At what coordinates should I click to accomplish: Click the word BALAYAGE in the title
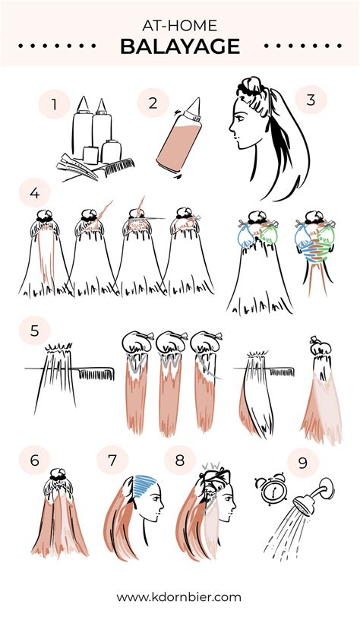pos(180,46)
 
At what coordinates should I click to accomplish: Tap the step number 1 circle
pos(54,105)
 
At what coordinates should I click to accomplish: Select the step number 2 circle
pos(153,103)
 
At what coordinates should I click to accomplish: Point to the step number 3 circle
pos(310,100)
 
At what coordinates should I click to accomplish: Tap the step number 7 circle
pos(112,460)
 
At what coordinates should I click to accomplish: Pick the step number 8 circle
pos(179,460)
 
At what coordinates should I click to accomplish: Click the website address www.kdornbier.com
pos(180,596)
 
